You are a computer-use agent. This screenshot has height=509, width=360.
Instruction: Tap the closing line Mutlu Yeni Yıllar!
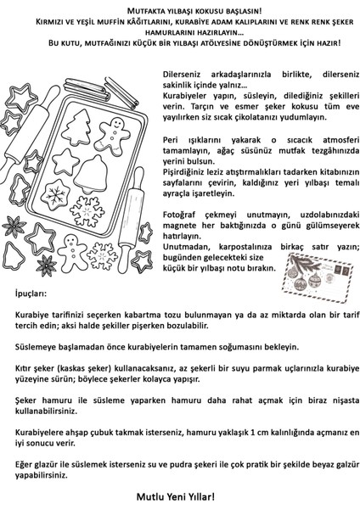tap(180, 495)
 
